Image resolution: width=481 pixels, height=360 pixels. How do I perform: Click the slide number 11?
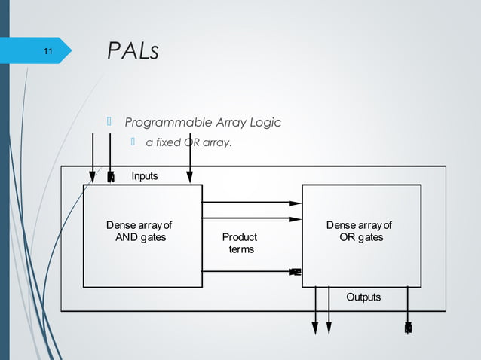click(47, 51)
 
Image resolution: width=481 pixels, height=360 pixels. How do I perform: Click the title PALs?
click(133, 52)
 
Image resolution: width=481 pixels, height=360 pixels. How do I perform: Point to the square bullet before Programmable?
click(109, 122)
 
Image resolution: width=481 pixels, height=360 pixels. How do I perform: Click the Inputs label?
click(145, 176)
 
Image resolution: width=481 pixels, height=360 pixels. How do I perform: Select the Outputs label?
click(363, 297)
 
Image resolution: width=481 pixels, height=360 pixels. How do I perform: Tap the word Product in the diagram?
click(240, 237)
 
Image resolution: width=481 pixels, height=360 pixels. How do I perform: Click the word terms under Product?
click(241, 249)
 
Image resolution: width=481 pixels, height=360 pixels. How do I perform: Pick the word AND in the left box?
click(125, 237)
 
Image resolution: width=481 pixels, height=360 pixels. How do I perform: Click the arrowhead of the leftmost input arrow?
click(93, 176)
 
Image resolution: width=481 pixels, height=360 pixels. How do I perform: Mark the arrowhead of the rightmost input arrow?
click(190, 176)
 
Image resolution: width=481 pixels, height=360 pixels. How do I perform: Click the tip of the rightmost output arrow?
click(408, 328)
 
